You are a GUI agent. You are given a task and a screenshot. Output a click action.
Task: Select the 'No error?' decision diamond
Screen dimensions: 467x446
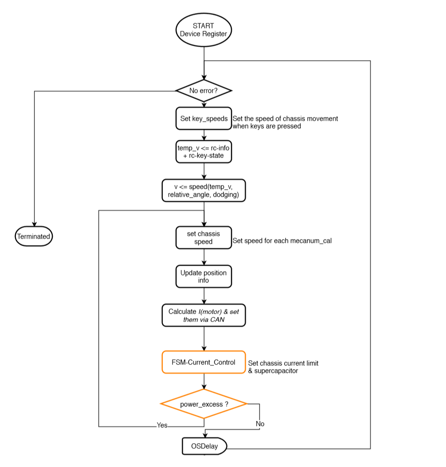(x=204, y=90)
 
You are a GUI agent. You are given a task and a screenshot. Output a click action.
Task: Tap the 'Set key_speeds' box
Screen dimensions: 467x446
(x=204, y=119)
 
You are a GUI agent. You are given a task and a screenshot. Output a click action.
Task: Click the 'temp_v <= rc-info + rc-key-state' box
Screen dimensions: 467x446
(x=204, y=151)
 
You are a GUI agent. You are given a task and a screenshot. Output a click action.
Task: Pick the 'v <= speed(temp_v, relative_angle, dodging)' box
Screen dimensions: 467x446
(x=204, y=191)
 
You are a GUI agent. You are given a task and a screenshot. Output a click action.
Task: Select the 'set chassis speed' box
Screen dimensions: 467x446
(x=204, y=238)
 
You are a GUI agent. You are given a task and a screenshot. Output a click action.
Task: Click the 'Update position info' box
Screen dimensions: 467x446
(x=204, y=276)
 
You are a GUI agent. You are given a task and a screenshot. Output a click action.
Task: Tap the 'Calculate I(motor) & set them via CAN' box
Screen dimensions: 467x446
(x=204, y=315)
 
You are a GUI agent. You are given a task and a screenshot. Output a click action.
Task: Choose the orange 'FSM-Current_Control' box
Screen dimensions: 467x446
(x=204, y=362)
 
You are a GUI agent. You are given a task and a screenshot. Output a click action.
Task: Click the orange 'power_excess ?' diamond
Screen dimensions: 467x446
(x=204, y=404)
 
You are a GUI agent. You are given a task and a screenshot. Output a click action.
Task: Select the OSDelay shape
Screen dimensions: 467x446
(x=204, y=446)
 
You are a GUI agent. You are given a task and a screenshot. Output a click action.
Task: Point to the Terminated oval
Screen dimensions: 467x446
(x=34, y=236)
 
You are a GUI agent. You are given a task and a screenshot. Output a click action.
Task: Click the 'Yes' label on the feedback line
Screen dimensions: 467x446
(x=162, y=425)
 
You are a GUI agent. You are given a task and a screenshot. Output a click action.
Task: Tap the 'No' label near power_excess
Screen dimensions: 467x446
(x=260, y=424)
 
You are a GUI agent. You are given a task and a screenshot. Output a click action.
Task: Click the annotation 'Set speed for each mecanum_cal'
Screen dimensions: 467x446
(x=281, y=241)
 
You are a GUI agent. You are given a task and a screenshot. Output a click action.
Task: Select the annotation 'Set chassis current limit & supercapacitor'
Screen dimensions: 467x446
(x=283, y=367)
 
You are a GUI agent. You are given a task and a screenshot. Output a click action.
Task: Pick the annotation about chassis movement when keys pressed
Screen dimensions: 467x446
(x=285, y=122)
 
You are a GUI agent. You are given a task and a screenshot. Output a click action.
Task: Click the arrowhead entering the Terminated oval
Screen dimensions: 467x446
(x=34, y=225)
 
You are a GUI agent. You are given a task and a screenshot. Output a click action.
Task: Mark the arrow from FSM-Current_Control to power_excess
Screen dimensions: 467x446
(x=204, y=381)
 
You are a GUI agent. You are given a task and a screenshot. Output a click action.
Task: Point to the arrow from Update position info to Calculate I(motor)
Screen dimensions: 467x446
(x=204, y=295)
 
